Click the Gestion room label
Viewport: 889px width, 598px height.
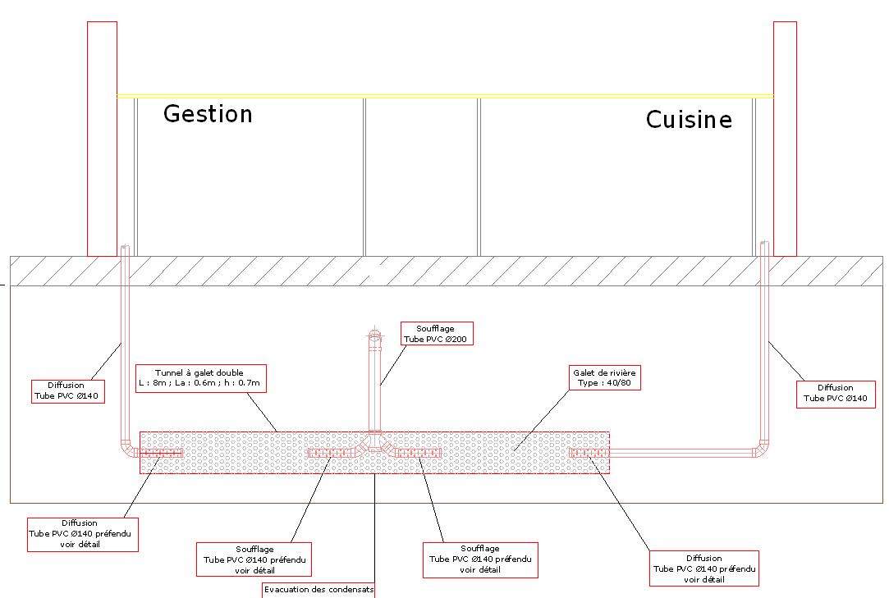tap(208, 113)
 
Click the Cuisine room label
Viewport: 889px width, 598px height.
tap(689, 120)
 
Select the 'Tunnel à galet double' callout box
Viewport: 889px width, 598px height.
tap(199, 377)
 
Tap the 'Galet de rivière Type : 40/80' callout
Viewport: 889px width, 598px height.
tap(605, 377)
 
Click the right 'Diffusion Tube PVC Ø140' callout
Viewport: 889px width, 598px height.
tap(835, 393)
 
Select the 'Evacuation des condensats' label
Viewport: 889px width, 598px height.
tap(318, 590)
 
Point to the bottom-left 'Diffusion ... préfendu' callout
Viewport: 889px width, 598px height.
tap(81, 533)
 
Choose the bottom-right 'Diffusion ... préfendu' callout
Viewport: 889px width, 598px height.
tap(703, 568)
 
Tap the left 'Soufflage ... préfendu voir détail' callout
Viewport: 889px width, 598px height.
tap(254, 559)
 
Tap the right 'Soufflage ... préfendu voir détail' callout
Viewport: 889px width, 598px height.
tap(480, 559)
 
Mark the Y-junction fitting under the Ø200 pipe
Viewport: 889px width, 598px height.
tap(375, 445)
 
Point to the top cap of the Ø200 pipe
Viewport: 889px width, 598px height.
tap(375, 336)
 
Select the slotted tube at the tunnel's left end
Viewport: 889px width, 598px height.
tap(161, 453)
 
